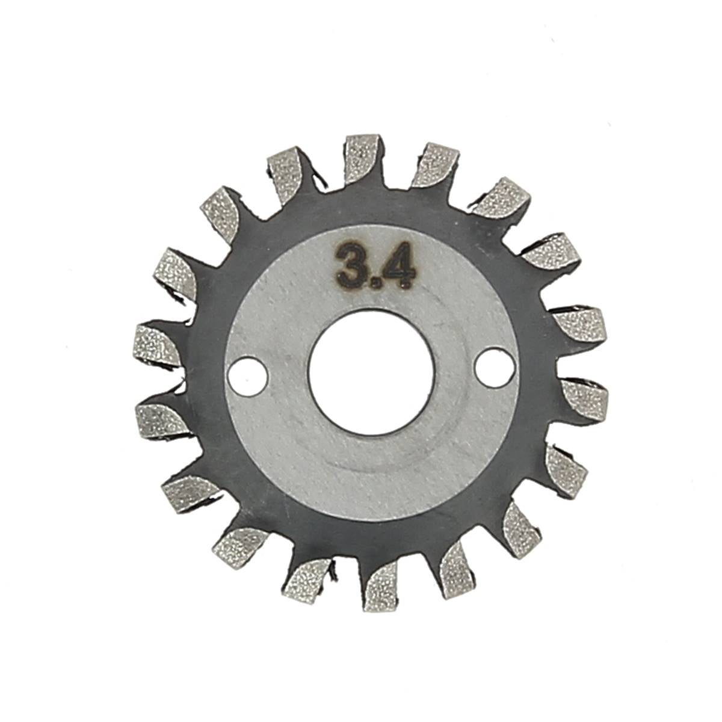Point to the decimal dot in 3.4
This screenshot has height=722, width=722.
[374, 278]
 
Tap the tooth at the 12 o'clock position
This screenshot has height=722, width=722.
[362, 158]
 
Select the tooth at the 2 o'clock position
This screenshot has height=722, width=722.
[551, 251]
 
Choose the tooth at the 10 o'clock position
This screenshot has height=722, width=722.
[176, 274]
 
